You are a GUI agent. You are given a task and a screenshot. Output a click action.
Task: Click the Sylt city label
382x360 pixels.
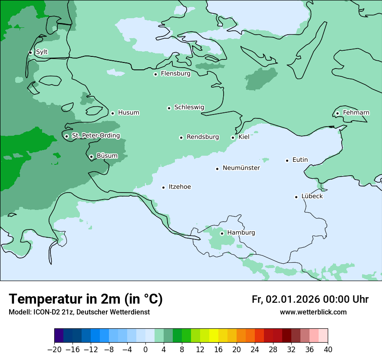[42, 52]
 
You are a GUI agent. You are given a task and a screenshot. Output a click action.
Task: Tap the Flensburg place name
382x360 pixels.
[175, 74]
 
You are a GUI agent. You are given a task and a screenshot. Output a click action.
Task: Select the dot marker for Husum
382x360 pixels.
[112, 113]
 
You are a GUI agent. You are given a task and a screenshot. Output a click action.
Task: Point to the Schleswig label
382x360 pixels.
[189, 108]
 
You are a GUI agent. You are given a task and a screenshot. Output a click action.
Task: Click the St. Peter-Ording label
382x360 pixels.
[95, 136]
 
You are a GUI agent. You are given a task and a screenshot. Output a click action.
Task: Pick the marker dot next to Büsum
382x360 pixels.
[91, 157]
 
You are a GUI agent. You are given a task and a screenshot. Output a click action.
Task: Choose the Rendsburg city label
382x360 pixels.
[203, 137]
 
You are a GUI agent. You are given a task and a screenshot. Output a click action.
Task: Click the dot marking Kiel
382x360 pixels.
[233, 137]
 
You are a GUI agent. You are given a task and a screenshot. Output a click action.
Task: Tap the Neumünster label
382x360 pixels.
[241, 168]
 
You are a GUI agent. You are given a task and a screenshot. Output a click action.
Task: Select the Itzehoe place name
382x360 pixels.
[180, 187]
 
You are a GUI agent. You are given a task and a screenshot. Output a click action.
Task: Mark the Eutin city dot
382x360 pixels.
[287, 160]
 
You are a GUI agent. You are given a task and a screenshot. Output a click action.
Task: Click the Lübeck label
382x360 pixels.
[312, 196]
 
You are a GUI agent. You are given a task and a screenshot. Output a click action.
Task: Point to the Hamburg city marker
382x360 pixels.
[222, 233]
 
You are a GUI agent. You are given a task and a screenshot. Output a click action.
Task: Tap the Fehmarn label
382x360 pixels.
[356, 113]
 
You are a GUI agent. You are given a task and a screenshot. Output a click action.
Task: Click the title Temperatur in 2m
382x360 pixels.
[86, 299]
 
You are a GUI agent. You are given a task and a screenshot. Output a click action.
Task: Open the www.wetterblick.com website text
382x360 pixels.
[313, 312]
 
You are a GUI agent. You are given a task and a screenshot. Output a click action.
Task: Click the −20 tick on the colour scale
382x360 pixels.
[54, 350]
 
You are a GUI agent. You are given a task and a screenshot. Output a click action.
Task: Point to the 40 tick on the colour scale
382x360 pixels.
[328, 350]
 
